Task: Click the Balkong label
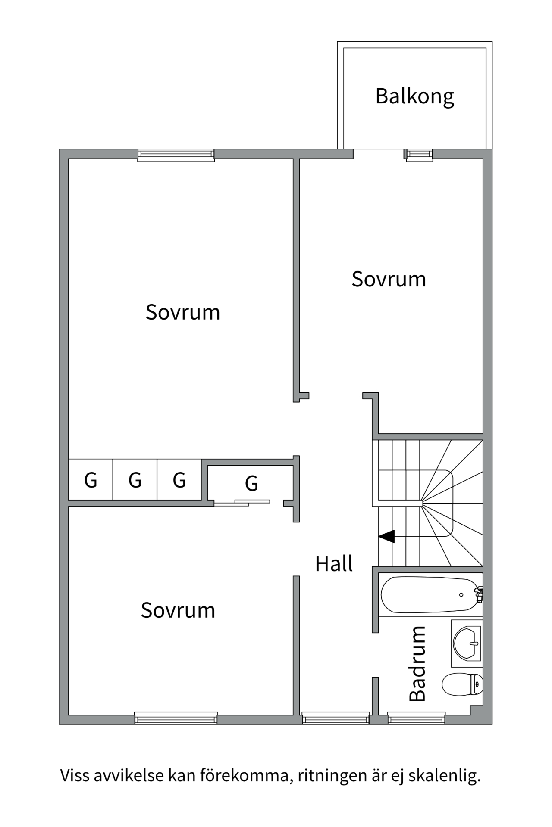[x=414, y=96]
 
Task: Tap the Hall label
[x=334, y=563]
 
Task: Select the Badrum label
[x=417, y=664]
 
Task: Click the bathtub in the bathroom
[x=430, y=594]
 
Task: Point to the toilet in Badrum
[x=462, y=684]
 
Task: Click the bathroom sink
[x=467, y=643]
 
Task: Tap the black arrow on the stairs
[x=387, y=537]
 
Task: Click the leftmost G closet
[x=91, y=480]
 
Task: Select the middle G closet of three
[x=135, y=480]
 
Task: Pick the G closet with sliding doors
[x=251, y=483]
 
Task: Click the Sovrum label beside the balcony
[x=389, y=279]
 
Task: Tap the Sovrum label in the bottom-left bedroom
[x=178, y=610]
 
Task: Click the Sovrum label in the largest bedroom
[x=182, y=312]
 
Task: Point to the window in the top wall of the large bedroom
[x=176, y=155]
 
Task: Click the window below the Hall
[x=336, y=718]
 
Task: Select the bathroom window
[x=416, y=718]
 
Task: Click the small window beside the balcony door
[x=419, y=155]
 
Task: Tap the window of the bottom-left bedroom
[x=176, y=718]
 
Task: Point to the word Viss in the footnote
[x=75, y=776]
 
